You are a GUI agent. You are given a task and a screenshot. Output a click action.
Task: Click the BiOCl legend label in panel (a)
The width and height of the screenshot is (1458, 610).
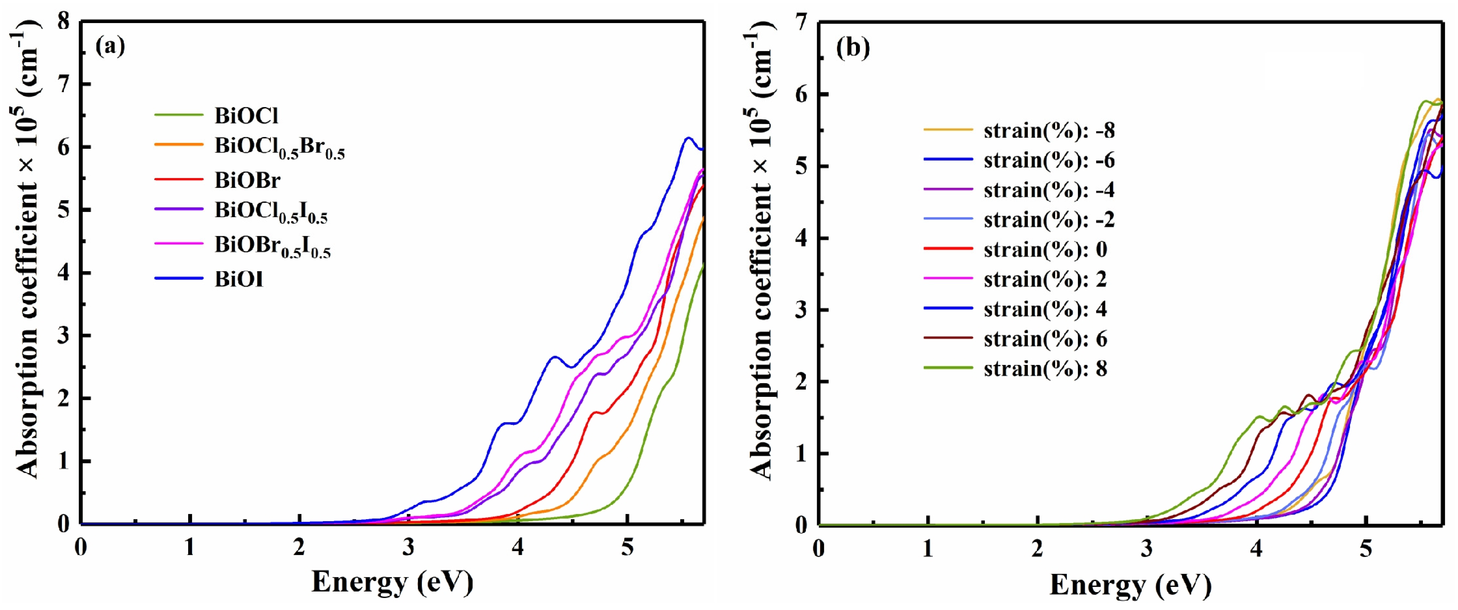click(x=246, y=116)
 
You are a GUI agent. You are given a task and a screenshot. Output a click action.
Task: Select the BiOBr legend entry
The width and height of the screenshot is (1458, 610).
click(x=247, y=180)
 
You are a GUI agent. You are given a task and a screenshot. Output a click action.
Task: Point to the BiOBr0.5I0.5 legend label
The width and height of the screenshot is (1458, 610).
click(x=272, y=246)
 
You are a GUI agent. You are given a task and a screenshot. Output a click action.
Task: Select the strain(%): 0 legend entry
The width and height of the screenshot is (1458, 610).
click(x=1045, y=249)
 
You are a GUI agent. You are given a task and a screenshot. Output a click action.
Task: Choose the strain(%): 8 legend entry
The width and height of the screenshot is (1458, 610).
click(x=1045, y=369)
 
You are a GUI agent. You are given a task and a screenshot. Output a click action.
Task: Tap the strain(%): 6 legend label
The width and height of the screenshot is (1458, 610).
click(x=1045, y=339)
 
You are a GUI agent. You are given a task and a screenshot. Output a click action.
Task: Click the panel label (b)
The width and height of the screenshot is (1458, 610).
click(x=853, y=48)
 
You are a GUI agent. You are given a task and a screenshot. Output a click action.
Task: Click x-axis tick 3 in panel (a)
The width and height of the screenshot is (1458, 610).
click(x=409, y=548)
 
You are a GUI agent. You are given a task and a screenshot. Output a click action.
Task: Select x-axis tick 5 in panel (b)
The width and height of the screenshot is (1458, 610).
click(x=1366, y=549)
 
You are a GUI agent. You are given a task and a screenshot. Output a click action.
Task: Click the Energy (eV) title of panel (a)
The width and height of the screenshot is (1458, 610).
click(x=392, y=582)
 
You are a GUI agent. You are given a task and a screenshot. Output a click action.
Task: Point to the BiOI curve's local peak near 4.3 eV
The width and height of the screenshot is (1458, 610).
click(x=554, y=357)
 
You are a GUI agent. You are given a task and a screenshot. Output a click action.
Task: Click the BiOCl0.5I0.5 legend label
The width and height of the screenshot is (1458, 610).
click(x=270, y=212)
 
